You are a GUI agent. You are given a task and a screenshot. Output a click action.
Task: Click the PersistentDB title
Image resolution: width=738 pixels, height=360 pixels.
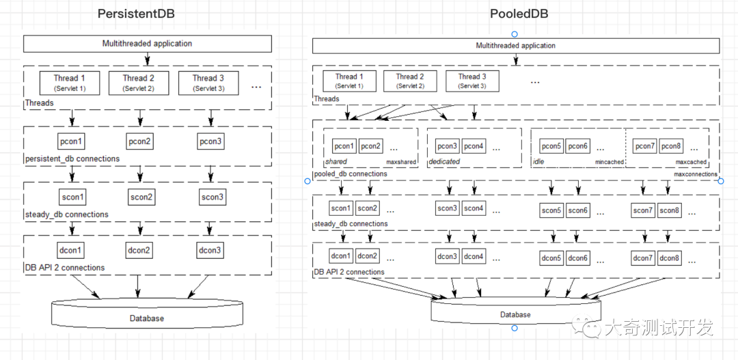136,14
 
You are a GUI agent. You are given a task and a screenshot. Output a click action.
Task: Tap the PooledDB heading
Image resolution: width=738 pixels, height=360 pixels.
519,14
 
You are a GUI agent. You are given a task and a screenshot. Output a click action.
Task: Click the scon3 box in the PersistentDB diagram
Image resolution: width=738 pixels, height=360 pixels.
213,197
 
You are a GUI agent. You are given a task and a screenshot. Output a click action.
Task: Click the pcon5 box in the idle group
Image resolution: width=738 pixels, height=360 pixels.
552,146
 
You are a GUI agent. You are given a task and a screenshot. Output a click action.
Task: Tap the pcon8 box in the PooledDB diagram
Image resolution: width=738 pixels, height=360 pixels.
671,146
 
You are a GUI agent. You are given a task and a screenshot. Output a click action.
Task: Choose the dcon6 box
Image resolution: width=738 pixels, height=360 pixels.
578,258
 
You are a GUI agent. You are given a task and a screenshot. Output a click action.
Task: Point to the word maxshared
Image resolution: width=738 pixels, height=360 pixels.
402,163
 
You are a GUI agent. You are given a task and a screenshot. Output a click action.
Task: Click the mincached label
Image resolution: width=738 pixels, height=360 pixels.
608,163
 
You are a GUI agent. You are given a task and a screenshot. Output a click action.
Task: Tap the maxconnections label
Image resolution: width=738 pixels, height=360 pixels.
696,174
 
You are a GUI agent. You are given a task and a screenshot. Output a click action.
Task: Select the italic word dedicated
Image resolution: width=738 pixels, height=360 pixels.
444,162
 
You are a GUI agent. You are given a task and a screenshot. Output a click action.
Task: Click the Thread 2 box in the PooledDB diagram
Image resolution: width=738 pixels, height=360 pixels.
410,81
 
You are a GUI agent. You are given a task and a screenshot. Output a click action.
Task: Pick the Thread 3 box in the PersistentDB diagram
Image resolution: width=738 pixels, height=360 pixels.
208,83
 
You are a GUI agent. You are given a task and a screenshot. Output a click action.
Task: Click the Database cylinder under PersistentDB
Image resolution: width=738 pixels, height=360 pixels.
147,314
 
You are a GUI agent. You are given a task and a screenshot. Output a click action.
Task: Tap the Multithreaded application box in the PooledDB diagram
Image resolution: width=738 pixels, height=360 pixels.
516,46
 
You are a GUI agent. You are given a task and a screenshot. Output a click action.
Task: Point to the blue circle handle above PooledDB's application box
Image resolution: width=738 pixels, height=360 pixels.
515,34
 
